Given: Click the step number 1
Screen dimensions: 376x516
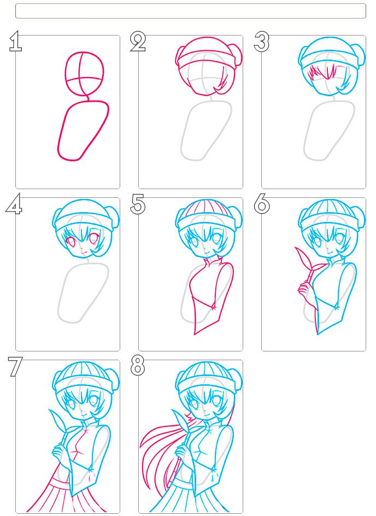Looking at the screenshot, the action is coord(15,42).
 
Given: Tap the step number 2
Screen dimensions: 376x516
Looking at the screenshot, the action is coord(138,42).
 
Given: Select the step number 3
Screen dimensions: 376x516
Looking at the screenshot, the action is coord(262,42).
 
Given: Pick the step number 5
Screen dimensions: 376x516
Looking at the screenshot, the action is coord(138,204).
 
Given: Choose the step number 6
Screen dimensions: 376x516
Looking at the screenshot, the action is coord(262,204).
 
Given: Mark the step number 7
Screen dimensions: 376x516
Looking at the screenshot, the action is coord(15,367).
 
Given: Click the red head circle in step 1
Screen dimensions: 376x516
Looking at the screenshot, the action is coord(85,52).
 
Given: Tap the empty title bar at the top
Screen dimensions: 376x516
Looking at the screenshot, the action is coord(191,11).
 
